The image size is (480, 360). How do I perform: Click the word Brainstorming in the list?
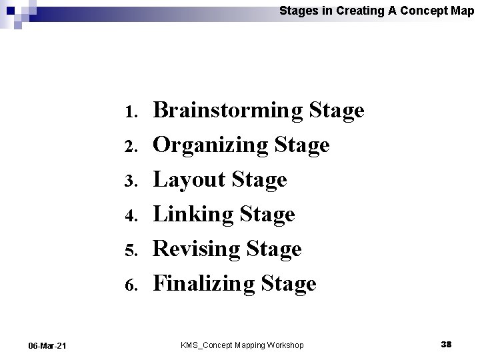[229, 111]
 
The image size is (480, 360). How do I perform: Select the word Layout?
[187, 179]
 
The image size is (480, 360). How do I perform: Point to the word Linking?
[190, 214]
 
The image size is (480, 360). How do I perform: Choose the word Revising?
[197, 249]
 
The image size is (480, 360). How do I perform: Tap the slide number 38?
[446, 344]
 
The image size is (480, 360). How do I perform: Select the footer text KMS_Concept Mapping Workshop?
[242, 345]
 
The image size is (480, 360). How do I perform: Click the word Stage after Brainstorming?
[337, 111]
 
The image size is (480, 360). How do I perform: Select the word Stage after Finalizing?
[289, 284]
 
